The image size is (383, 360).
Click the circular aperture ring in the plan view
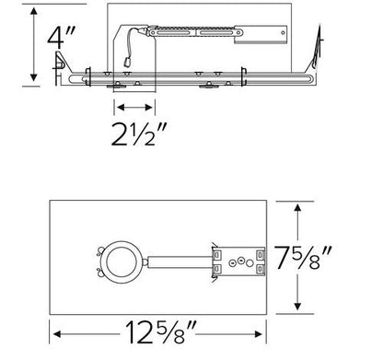pos(122,262)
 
